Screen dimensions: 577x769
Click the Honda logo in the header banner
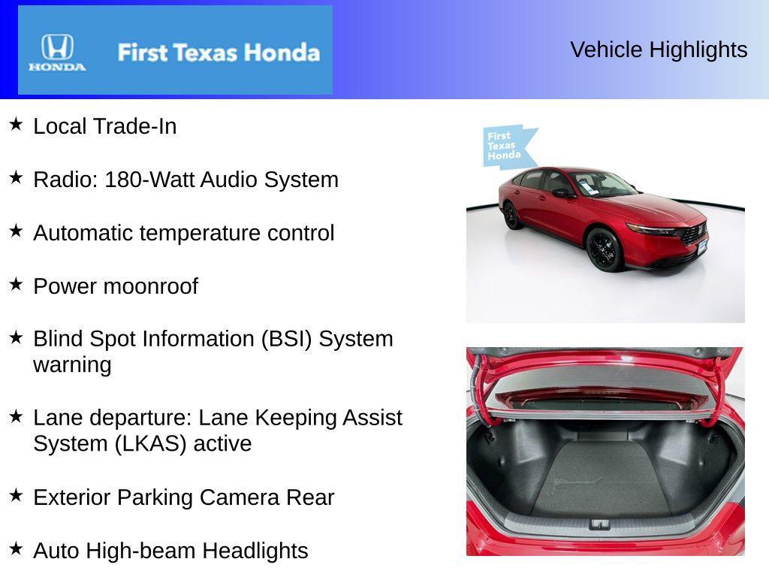57,52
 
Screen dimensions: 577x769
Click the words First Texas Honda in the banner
219,53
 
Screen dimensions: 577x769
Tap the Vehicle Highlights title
659,50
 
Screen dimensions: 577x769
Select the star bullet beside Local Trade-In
16,124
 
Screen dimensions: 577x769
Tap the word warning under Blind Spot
72,365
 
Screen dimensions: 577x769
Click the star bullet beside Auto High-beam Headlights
16,548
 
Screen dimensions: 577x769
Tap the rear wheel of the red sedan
512,216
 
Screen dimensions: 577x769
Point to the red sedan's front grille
693,234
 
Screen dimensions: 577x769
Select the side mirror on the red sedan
561,193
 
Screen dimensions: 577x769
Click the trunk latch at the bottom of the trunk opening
599,524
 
